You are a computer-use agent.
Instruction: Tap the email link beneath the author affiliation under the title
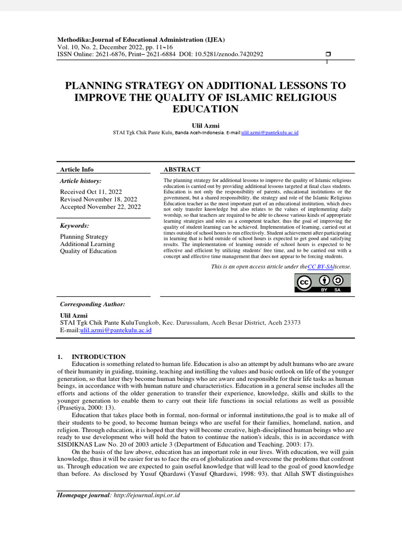click(x=270, y=133)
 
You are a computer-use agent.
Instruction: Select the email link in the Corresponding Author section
click(x=116, y=331)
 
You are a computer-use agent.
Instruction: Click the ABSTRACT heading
click(x=182, y=169)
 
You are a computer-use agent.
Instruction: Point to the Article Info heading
click(x=77, y=169)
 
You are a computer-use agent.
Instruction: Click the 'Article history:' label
click(x=81, y=181)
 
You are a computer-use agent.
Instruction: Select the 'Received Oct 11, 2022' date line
click(x=91, y=192)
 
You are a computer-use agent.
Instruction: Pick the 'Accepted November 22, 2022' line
click(x=100, y=207)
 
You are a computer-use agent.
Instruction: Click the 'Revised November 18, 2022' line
click(x=98, y=200)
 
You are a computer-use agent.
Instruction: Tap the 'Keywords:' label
click(x=74, y=226)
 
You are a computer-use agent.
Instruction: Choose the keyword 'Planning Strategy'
click(x=84, y=237)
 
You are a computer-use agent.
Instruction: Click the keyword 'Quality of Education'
click(x=88, y=251)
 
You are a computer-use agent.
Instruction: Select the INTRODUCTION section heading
click(x=98, y=357)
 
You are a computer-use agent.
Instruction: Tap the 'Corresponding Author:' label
click(x=93, y=304)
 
